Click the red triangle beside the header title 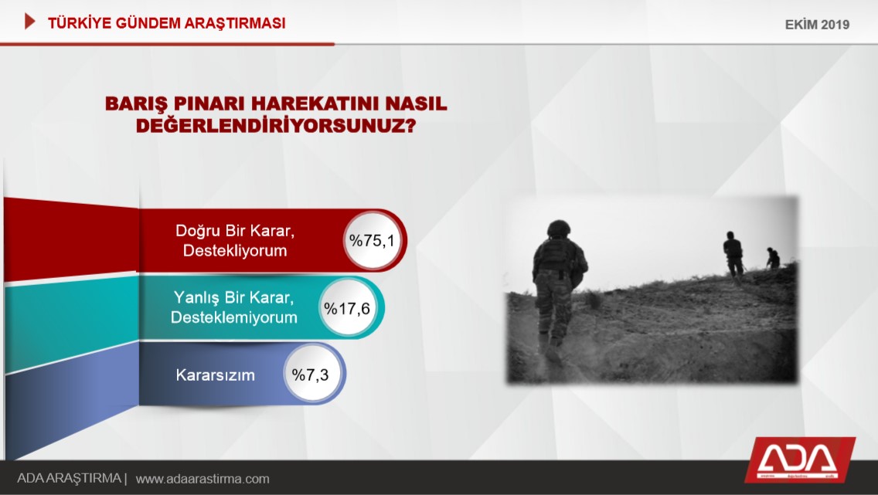[29, 22]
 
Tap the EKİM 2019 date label [817, 25]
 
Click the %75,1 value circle [373, 240]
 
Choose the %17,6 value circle [347, 307]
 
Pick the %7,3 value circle [311, 375]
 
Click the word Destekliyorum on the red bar [235, 250]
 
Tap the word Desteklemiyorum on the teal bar [234, 317]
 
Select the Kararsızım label [215, 375]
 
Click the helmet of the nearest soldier [558, 228]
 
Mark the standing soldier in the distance [733, 255]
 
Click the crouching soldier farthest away [773, 258]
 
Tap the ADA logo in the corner [800, 459]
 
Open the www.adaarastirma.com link [202, 480]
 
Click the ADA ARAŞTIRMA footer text [69, 479]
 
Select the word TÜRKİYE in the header [80, 23]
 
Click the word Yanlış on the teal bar [197, 297]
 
